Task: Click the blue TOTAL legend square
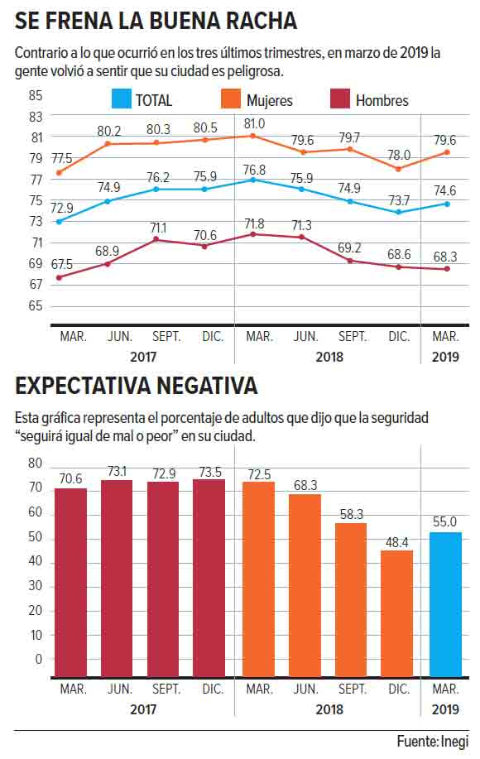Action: (121, 99)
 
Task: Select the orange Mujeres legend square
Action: (230, 99)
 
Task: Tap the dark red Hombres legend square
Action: (339, 99)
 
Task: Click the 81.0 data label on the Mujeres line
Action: (254, 124)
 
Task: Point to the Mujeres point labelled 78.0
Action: (398, 169)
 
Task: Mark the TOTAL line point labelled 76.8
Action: (254, 180)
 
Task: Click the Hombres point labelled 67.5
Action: (59, 277)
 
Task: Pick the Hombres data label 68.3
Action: (444, 257)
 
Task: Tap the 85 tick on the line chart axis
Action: (36, 95)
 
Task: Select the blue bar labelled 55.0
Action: (445, 604)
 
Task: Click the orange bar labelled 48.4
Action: (396, 613)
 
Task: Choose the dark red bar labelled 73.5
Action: (209, 578)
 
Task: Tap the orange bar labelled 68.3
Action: (305, 585)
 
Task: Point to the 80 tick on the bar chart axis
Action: (36, 464)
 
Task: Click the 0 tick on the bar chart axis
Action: (39, 660)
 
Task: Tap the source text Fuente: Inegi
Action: (433, 742)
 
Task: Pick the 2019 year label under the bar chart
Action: (445, 709)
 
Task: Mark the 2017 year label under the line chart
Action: (143, 358)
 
